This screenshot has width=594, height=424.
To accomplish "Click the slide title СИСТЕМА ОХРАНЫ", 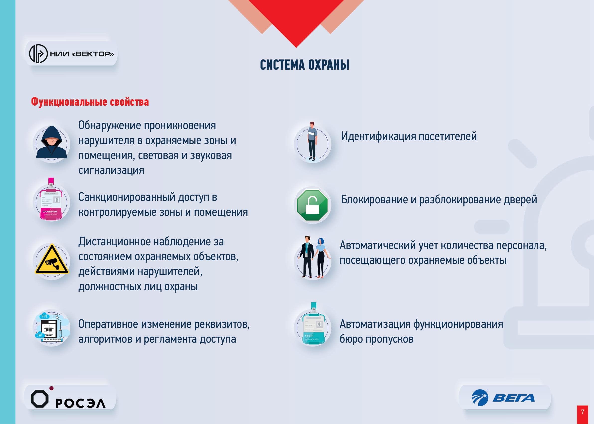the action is click(x=304, y=65).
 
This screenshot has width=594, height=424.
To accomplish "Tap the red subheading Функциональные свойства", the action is click(x=90, y=102).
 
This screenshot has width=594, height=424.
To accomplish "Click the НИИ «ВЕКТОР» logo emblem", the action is click(x=38, y=54).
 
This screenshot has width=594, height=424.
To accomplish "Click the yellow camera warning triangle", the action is click(x=52, y=259).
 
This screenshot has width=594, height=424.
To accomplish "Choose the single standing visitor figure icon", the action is click(x=312, y=141).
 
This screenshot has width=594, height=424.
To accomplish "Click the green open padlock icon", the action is click(x=312, y=205).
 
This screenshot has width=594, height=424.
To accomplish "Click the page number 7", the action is click(x=583, y=412).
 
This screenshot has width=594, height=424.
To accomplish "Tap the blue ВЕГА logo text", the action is click(x=513, y=398).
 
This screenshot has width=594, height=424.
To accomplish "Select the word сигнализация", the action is click(x=111, y=170).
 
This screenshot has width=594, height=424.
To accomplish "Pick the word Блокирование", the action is click(x=374, y=200).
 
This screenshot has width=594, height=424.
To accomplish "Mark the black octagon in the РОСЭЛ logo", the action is click(x=39, y=399).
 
